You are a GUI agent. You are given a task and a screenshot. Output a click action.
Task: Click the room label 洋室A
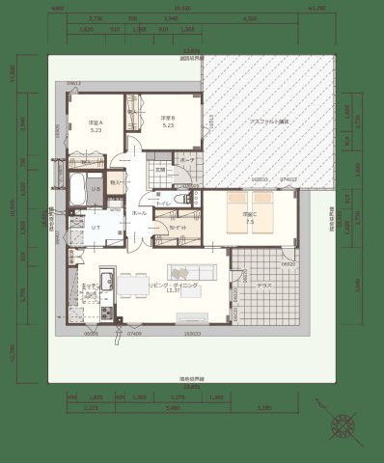click(x=96, y=123)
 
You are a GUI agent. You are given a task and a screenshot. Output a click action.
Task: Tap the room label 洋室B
click(x=167, y=119)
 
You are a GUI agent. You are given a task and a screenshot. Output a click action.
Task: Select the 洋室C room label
click(x=250, y=214)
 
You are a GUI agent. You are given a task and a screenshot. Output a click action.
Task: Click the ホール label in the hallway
click(x=139, y=211)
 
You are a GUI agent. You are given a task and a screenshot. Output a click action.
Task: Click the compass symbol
click(x=343, y=425)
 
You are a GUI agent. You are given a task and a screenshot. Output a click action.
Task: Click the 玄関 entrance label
click(x=161, y=171)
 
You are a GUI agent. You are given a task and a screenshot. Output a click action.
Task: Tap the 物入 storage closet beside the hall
click(x=115, y=180)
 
